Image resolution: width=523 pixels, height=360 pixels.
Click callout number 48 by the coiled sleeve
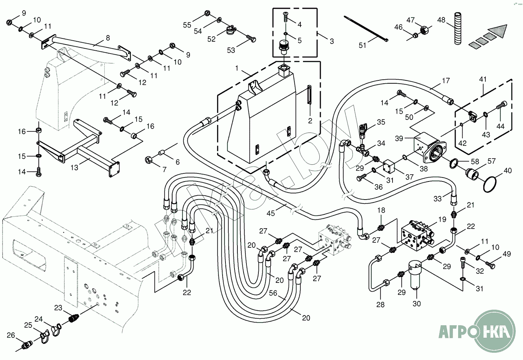tap(441, 20)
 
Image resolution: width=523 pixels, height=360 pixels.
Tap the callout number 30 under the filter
tap(417, 304)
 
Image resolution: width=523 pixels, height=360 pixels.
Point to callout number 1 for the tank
tap(237, 68)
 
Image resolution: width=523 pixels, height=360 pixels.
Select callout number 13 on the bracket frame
tap(74, 168)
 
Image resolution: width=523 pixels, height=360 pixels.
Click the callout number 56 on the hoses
tap(273, 293)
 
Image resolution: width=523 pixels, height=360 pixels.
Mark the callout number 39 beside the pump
tap(399, 138)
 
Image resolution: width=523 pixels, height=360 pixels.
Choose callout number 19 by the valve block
tap(442, 219)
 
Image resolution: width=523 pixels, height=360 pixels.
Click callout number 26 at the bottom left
tap(11, 335)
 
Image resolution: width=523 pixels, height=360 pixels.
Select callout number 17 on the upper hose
tap(445, 80)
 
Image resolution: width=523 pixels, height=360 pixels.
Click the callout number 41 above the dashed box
tap(483, 79)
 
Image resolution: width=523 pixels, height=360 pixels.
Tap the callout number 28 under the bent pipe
tap(380, 305)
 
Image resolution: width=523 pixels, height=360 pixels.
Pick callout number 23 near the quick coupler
tap(58, 308)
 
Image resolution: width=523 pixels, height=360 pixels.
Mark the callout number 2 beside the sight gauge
tap(310, 121)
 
